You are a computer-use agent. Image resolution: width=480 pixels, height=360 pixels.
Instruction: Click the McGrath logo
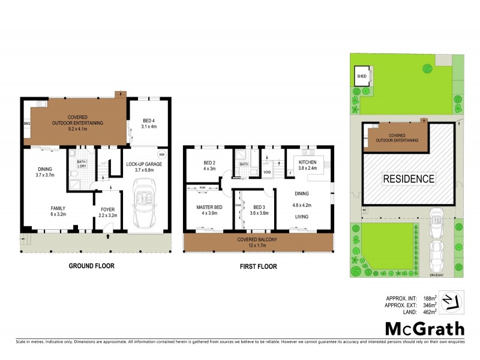425,328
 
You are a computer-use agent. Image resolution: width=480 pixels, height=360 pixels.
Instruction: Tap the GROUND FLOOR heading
91,266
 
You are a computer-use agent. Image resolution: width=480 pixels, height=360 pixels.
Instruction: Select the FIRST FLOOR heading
258,266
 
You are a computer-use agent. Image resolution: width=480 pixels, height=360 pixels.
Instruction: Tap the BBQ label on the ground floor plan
26,124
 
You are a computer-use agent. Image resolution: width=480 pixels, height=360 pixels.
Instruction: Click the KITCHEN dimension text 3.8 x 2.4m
307,169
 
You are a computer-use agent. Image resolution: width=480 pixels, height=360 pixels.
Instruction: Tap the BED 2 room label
209,163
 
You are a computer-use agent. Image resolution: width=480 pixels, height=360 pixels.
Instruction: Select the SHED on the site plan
362,77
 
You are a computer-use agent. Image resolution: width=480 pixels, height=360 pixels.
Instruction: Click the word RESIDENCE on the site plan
410,178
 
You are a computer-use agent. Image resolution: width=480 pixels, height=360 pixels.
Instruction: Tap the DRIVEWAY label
436,275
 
